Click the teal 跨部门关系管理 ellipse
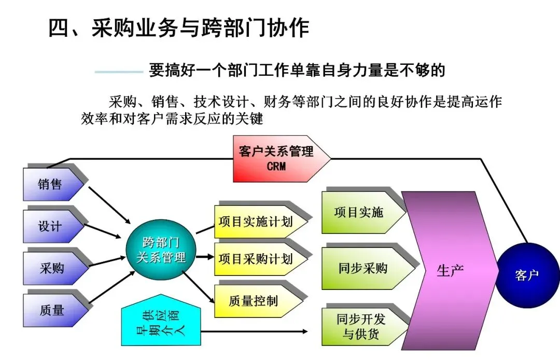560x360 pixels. [x=161, y=250]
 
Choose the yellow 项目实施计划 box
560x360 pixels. [x=257, y=222]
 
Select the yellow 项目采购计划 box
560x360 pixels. [x=257, y=258]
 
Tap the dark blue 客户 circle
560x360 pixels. [x=527, y=275]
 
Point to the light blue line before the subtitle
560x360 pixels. [x=118, y=72]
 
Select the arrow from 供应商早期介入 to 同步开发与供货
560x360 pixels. [x=254, y=331]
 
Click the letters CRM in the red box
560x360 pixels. [x=276, y=167]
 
